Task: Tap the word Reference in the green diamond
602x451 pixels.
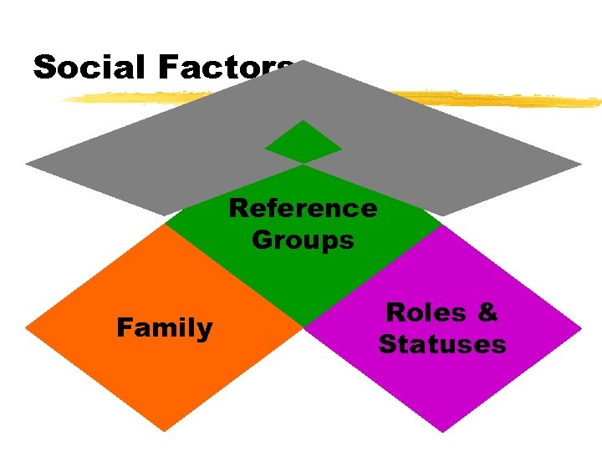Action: [x=303, y=207]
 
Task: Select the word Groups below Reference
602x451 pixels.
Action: [x=303, y=241]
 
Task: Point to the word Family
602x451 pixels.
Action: [x=165, y=328]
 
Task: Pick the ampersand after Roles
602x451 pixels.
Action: [x=487, y=312]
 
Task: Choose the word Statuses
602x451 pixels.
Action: [x=442, y=344]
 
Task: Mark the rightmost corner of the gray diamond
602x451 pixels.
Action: [x=579, y=164]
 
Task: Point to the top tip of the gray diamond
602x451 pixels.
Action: [x=304, y=61]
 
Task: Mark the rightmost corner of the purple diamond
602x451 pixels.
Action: [x=580, y=327]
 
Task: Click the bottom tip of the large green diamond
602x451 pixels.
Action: [x=303, y=325]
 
